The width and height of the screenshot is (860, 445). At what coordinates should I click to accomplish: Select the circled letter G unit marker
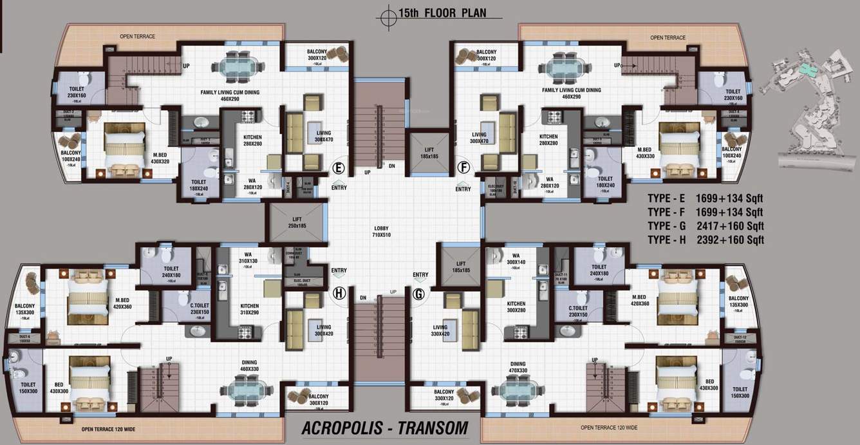coord(420,294)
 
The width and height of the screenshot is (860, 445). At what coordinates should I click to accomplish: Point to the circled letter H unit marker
coord(338,294)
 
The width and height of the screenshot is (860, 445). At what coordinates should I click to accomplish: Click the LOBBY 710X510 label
coord(381,232)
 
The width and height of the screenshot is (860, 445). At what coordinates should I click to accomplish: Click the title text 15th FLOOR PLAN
coord(439,13)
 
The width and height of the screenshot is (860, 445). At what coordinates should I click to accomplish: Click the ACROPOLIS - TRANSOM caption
coord(384,428)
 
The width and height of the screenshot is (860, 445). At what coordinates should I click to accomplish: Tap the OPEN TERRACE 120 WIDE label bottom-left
coord(107,428)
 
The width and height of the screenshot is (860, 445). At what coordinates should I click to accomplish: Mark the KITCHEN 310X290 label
coord(250,309)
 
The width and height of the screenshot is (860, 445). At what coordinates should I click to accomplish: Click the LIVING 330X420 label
coord(440,330)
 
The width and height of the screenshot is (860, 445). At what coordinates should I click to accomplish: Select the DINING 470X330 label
coord(518,366)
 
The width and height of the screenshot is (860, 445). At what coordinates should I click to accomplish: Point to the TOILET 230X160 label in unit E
coord(76,95)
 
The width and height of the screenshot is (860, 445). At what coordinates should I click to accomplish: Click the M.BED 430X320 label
coord(160,158)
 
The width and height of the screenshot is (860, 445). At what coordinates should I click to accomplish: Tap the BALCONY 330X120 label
coord(444,395)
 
